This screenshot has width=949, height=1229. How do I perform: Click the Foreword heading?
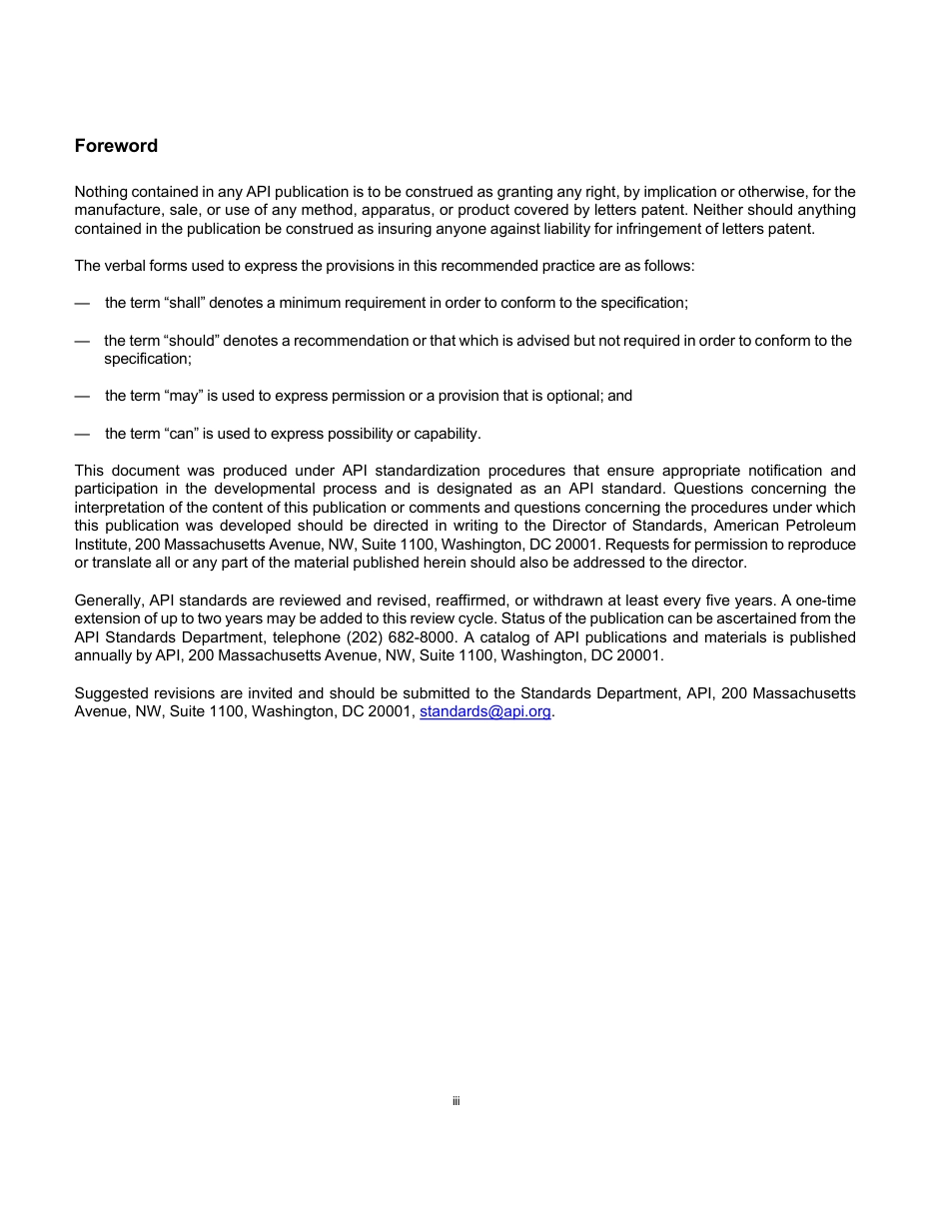tap(116, 146)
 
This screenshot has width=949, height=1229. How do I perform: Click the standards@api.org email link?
tap(484, 712)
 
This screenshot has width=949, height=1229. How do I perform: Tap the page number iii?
tap(456, 1101)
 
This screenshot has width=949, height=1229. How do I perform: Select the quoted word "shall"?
tap(182, 303)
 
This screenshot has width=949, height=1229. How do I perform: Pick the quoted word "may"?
tap(182, 396)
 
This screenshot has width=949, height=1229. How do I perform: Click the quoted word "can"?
tap(180, 434)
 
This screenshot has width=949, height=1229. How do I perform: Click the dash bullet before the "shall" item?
tap(82, 303)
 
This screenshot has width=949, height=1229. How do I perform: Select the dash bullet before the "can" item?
tap(82, 434)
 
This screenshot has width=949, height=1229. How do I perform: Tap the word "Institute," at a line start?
tap(103, 545)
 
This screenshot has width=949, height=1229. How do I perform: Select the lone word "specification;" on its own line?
tap(148, 359)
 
